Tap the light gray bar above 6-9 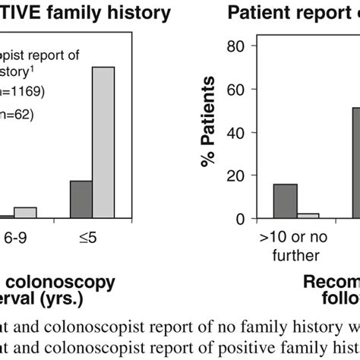click(25, 213)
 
